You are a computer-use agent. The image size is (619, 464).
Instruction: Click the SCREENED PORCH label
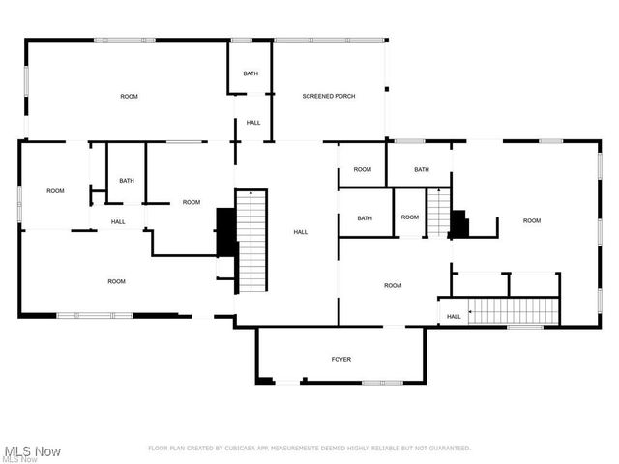(329, 96)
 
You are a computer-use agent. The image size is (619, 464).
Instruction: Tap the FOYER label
(341, 359)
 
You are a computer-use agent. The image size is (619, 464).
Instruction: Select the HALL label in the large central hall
(301, 232)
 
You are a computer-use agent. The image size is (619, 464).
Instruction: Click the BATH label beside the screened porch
(251, 73)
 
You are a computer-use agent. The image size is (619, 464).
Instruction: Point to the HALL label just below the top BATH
(253, 123)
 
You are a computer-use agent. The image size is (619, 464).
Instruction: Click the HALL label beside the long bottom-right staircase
(454, 316)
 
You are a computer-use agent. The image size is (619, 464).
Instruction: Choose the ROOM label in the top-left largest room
(129, 96)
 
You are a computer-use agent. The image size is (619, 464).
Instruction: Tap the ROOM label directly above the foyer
(393, 285)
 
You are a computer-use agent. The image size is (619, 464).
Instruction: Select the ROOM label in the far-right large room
(532, 220)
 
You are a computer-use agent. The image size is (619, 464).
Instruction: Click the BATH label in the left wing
(127, 180)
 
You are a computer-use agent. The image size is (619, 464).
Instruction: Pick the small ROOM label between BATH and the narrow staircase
(410, 217)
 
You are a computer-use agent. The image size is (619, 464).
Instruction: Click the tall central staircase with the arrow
(251, 241)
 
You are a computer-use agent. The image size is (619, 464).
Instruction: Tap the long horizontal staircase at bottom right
(515, 310)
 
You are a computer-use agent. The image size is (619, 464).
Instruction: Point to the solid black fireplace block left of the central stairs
(225, 231)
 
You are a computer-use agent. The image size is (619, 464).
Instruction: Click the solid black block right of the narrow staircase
(458, 223)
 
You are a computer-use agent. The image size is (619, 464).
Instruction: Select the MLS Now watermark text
(33, 451)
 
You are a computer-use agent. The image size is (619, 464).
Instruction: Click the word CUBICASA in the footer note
(238, 449)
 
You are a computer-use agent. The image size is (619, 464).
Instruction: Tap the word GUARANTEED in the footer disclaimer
(447, 449)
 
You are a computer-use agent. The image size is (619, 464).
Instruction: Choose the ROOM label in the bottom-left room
(116, 281)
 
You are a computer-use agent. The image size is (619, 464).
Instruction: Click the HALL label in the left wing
(118, 221)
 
